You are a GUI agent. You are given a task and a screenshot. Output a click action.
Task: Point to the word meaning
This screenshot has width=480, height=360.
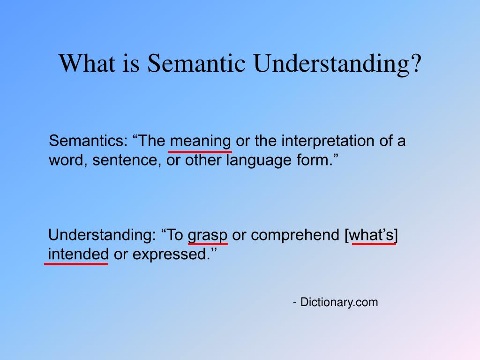200,141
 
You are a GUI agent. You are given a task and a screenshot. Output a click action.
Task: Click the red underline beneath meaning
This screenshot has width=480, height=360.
200,151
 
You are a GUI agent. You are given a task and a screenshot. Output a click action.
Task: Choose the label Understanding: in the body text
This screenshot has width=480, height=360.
102,235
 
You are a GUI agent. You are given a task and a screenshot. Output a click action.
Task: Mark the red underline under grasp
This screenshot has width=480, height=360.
208,244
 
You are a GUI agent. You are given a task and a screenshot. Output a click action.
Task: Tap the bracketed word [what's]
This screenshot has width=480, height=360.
373,235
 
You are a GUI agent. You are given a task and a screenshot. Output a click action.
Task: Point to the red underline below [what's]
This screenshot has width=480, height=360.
373,244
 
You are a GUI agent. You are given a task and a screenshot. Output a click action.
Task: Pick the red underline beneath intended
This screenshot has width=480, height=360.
76,264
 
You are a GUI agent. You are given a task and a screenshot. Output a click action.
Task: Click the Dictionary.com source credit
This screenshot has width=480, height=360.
336,302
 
